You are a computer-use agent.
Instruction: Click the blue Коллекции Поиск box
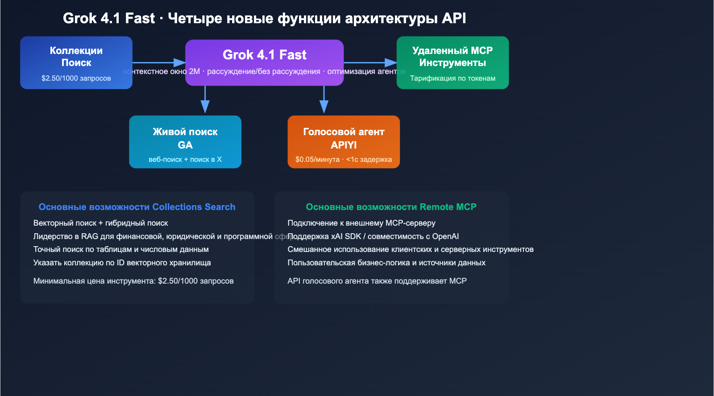[76, 62]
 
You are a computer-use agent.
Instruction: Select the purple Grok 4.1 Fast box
[264, 56]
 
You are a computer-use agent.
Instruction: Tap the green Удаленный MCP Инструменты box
[452, 62]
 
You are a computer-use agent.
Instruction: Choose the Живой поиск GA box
[185, 142]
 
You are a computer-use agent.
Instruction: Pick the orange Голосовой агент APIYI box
[344, 142]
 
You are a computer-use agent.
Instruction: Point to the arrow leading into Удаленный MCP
[370, 63]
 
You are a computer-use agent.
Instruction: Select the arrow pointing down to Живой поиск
[205, 100]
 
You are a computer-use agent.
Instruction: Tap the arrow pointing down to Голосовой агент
[324, 100]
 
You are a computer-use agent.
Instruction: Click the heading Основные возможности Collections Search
[137, 207]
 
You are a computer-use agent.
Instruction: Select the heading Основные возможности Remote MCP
[391, 207]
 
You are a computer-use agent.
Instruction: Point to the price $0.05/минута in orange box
[317, 160]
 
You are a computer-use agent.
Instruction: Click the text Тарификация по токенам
[452, 78]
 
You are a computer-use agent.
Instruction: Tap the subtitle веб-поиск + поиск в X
[185, 160]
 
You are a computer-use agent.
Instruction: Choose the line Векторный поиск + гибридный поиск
[100, 223]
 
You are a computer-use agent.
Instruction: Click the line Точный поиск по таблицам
[121, 249]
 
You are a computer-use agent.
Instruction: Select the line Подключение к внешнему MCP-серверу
[361, 223]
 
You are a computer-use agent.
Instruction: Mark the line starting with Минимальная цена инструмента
[133, 281]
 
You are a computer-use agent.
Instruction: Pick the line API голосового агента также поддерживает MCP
[377, 281]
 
